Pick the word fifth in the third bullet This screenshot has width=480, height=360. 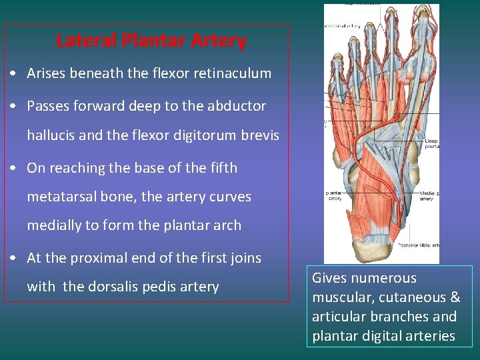(222, 167)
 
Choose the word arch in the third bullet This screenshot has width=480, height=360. (227, 225)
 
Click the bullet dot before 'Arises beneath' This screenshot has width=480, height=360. (13, 74)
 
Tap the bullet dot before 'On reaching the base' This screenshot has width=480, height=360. (13, 168)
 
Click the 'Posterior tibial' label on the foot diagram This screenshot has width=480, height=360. (418, 245)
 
